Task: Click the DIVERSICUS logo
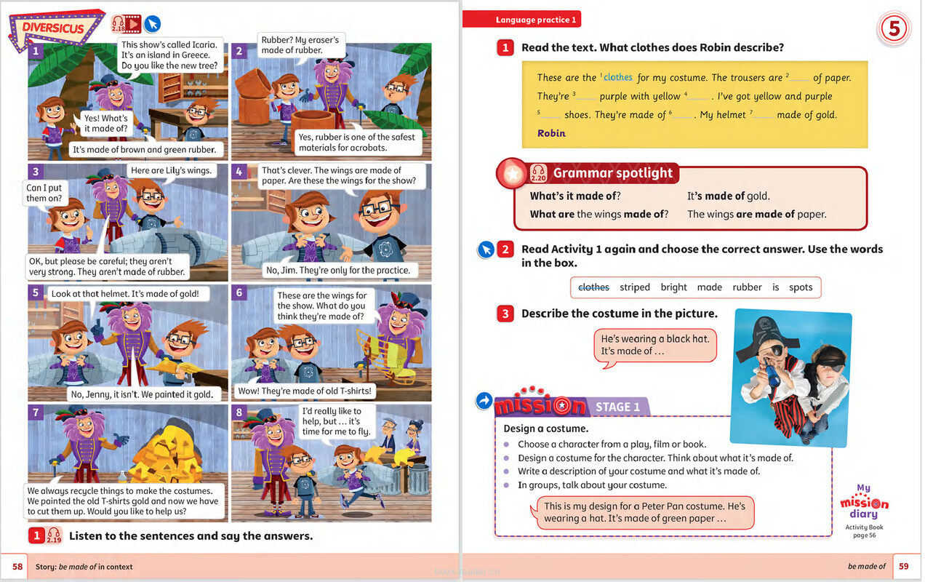pyautogui.click(x=53, y=28)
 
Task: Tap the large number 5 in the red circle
pyautogui.click(x=894, y=30)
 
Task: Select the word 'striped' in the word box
pyautogui.click(x=635, y=287)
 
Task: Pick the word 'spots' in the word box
pyautogui.click(x=801, y=287)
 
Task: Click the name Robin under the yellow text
pyautogui.click(x=551, y=133)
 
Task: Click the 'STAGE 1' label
pyautogui.click(x=617, y=407)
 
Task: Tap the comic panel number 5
pyautogui.click(x=36, y=292)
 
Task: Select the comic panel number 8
pyautogui.click(x=239, y=412)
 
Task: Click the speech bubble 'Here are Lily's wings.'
pyautogui.click(x=171, y=171)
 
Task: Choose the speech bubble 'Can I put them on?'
pyautogui.click(x=45, y=193)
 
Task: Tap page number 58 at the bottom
pyautogui.click(x=18, y=567)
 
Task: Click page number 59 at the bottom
pyautogui.click(x=904, y=567)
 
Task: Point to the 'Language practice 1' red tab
pyautogui.click(x=535, y=20)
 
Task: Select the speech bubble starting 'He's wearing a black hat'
pyautogui.click(x=654, y=345)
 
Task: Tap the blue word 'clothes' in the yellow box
pyautogui.click(x=617, y=77)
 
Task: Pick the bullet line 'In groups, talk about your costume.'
pyautogui.click(x=592, y=485)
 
